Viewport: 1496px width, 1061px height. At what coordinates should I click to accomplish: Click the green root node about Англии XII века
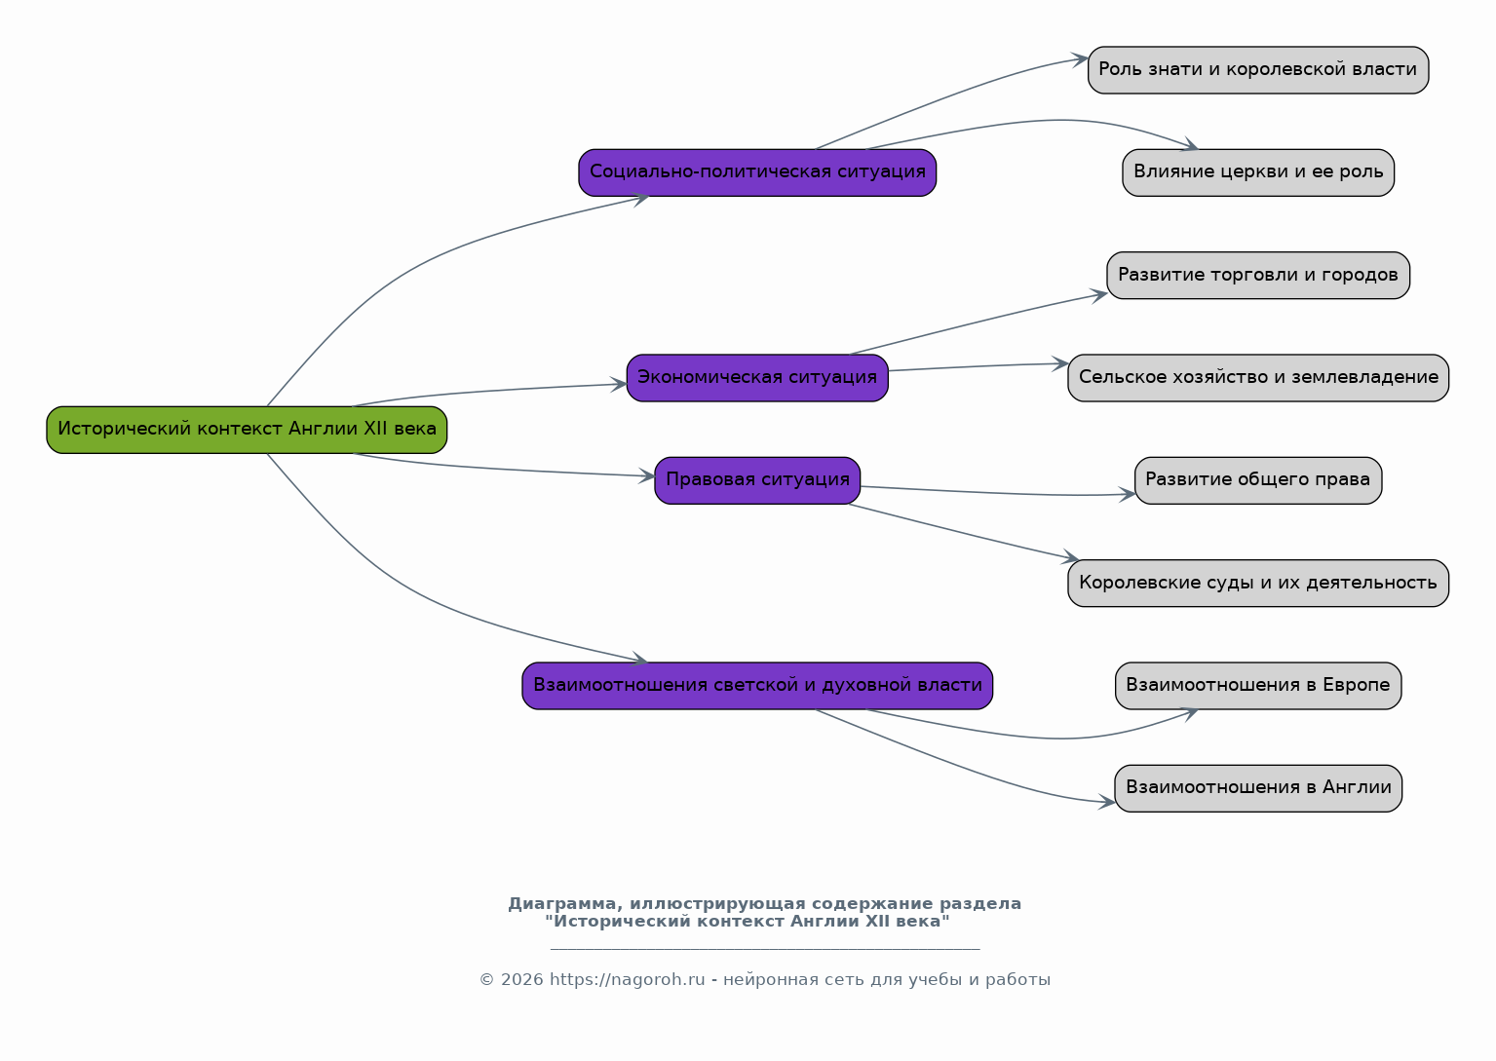(x=247, y=430)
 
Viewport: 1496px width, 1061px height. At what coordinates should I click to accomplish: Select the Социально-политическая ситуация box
(x=757, y=173)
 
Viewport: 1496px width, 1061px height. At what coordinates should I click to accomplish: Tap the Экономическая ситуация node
(x=757, y=378)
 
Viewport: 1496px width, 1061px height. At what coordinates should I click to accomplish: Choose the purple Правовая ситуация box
(x=757, y=480)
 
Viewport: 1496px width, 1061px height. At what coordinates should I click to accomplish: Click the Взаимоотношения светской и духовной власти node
(x=757, y=686)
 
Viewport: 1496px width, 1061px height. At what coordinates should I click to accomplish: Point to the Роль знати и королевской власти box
(x=1258, y=70)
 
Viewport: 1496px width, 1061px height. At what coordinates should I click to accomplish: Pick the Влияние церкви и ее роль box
(x=1258, y=173)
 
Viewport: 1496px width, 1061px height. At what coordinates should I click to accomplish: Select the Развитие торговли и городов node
(x=1258, y=276)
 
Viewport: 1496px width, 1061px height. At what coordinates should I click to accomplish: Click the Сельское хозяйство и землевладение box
(x=1258, y=378)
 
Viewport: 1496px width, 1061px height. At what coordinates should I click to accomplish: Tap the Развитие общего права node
(x=1258, y=480)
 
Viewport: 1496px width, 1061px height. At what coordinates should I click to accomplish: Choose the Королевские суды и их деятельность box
(x=1258, y=584)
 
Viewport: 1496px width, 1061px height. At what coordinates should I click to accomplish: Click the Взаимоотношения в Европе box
(x=1258, y=686)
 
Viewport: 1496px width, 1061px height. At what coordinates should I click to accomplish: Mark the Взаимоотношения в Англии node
(x=1258, y=788)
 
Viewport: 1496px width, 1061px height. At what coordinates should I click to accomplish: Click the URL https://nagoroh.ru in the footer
(x=627, y=979)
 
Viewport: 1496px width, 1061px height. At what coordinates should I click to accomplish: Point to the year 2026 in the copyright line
(x=521, y=979)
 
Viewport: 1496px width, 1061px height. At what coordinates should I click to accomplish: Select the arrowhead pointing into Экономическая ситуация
(x=619, y=385)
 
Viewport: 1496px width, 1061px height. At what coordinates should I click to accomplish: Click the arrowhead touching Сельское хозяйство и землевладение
(x=1060, y=364)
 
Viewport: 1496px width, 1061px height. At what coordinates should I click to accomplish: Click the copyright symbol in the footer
(x=487, y=979)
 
